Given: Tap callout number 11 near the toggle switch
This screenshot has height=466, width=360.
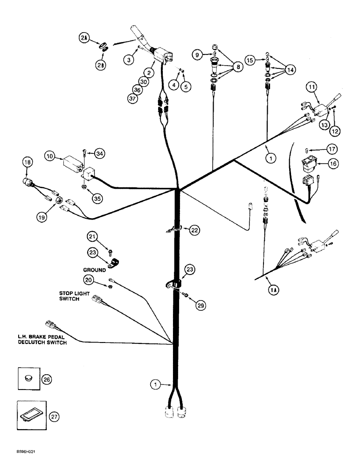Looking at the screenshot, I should [x=312, y=87].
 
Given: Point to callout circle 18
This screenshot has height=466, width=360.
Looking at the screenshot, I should [x=28, y=163].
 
